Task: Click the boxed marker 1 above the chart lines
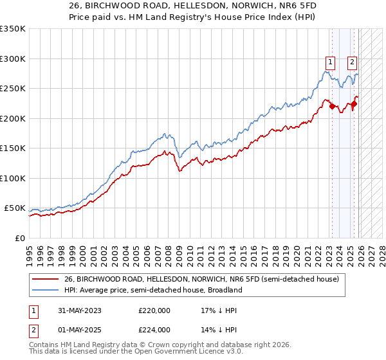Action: tap(330, 62)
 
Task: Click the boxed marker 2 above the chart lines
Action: tap(353, 62)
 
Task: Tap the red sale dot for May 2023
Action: tap(332, 107)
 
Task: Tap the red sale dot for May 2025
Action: tap(354, 104)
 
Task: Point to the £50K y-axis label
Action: tap(15, 208)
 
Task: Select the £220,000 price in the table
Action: tap(154, 310)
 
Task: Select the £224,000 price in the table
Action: tap(154, 330)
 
